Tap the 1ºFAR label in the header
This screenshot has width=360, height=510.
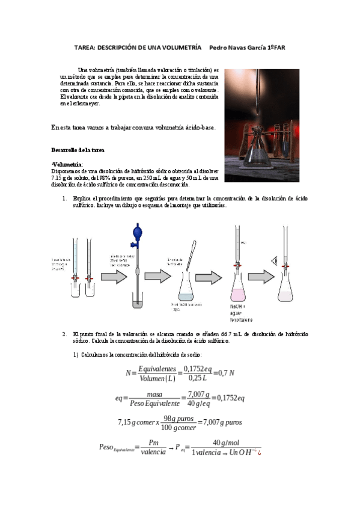(276, 47)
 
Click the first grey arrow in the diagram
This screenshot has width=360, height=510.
(113, 276)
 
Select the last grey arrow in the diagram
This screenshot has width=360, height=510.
(260, 276)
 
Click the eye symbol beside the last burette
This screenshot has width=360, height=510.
(275, 260)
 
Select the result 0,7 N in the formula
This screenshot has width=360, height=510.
(224, 373)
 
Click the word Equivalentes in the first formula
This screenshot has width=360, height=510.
(157, 368)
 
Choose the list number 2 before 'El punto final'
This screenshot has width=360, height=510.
(64, 334)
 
